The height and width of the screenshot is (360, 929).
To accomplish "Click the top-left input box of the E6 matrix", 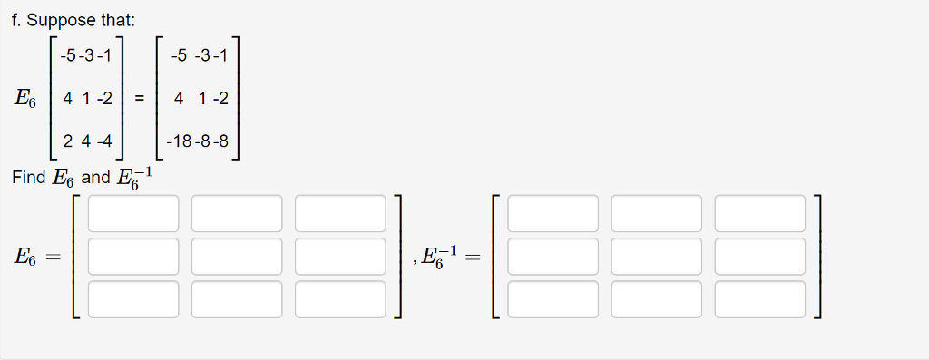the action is click(x=133, y=213).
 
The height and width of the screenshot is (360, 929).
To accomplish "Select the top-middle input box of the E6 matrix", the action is click(x=237, y=213).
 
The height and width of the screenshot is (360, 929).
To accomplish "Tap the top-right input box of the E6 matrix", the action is click(x=340, y=213).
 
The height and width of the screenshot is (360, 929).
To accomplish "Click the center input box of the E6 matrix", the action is click(x=237, y=257).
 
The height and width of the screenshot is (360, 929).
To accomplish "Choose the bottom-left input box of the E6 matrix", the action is click(x=133, y=299).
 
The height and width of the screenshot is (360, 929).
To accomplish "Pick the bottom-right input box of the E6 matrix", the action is click(x=340, y=299).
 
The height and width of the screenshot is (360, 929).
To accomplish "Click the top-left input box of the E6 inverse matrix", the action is click(x=553, y=213).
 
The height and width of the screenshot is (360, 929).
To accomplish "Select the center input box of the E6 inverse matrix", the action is click(x=656, y=257).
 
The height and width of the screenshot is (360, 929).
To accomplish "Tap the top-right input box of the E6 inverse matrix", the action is click(x=759, y=213).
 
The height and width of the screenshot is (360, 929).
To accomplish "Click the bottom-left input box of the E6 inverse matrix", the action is click(x=553, y=299).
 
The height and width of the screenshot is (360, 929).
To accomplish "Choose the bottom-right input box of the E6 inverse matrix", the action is click(x=759, y=299).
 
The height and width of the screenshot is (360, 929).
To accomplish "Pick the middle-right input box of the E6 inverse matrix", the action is click(x=759, y=257).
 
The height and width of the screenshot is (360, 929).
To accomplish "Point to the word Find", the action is click(x=28, y=177).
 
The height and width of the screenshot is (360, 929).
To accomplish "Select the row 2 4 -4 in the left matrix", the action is click(x=87, y=141).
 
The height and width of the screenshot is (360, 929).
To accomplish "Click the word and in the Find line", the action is click(x=94, y=177).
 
